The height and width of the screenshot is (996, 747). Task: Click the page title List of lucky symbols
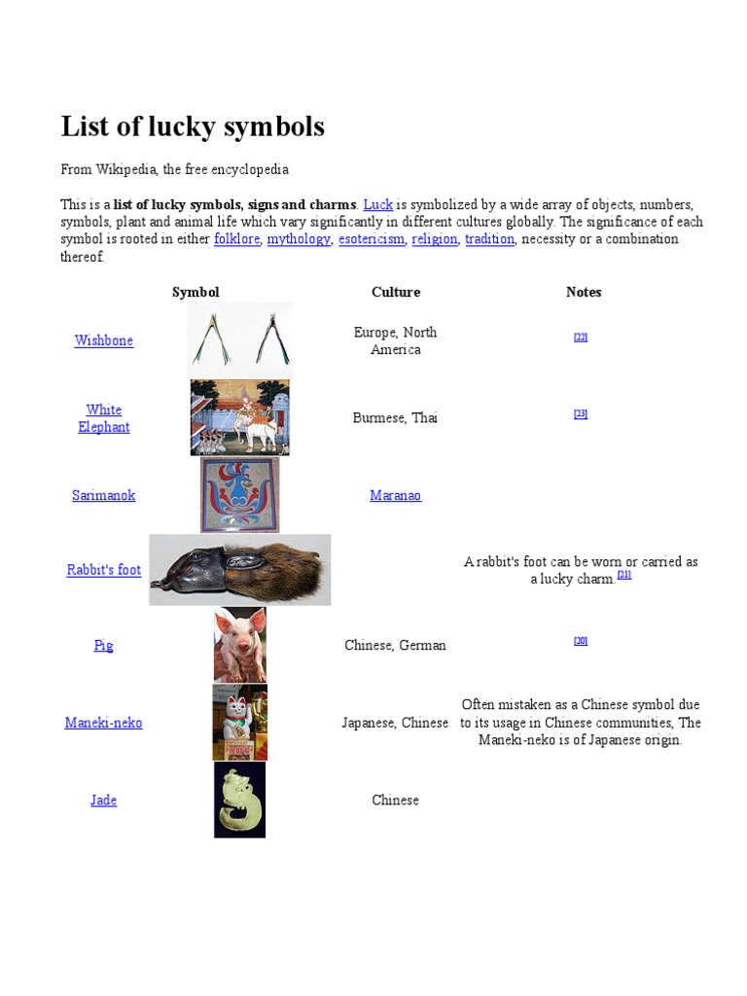point(193,126)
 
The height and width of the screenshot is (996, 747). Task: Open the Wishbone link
point(104,340)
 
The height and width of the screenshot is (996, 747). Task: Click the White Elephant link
point(104,418)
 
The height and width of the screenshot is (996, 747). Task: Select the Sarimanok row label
point(104,495)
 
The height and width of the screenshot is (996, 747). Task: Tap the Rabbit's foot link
point(104,570)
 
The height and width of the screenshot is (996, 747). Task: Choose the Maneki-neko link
point(104,723)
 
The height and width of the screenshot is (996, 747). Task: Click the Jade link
point(104,800)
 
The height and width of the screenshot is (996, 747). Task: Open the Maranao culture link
point(395,495)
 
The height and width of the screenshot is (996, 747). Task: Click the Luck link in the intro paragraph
point(377,204)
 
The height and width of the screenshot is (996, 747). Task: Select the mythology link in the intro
point(299,239)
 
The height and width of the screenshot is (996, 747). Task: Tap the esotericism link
point(372,239)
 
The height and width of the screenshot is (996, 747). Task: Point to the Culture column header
point(395,292)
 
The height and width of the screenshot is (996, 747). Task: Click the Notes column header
point(584,292)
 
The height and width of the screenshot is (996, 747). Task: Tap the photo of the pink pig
point(240,644)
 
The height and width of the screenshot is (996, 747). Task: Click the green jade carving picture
point(239,800)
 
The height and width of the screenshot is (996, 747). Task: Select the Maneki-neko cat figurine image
point(239,722)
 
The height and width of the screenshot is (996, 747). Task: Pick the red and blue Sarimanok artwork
point(239,495)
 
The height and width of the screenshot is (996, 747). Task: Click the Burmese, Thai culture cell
point(395,418)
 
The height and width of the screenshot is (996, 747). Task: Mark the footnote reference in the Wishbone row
point(581,338)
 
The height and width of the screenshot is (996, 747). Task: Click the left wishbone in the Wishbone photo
point(212,340)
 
